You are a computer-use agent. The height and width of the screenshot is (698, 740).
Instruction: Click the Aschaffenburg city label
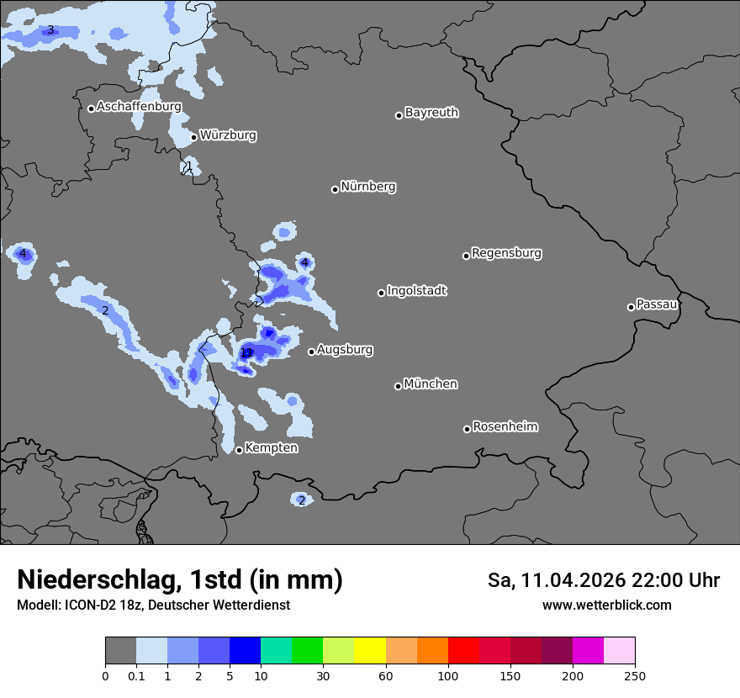pyautogui.click(x=139, y=107)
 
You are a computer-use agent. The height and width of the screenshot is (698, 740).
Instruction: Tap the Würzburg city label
pyautogui.click(x=228, y=135)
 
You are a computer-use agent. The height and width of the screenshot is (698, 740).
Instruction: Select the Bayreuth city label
pyautogui.click(x=431, y=112)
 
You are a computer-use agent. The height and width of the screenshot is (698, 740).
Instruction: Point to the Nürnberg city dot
pyautogui.click(x=335, y=189)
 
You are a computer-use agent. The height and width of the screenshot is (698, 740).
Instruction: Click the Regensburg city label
pyautogui.click(x=506, y=252)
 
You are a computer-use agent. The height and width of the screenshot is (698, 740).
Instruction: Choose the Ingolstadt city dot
pyautogui.click(x=381, y=293)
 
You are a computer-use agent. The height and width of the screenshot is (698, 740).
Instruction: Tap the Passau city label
pyautogui.click(x=657, y=304)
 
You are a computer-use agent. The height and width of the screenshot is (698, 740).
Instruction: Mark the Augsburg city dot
pyautogui.click(x=311, y=352)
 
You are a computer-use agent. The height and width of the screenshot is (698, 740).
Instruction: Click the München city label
pyautogui.click(x=431, y=383)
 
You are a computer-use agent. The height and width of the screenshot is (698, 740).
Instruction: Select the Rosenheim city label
pyautogui.click(x=505, y=426)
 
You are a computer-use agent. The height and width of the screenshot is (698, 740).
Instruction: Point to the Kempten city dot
pyautogui.click(x=239, y=450)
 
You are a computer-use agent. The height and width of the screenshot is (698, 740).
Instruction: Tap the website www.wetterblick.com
pyautogui.click(x=606, y=605)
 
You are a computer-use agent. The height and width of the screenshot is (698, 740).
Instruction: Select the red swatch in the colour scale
pyautogui.click(x=463, y=651)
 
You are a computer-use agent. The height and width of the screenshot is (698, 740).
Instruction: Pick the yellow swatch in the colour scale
pyautogui.click(x=370, y=651)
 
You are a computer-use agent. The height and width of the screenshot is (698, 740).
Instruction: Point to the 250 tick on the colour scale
pyautogui.click(x=635, y=675)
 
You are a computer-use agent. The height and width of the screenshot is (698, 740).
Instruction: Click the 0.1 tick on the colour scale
pyautogui.click(x=136, y=675)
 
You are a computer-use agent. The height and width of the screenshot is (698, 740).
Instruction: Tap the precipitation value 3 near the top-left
pyautogui.click(x=50, y=30)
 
